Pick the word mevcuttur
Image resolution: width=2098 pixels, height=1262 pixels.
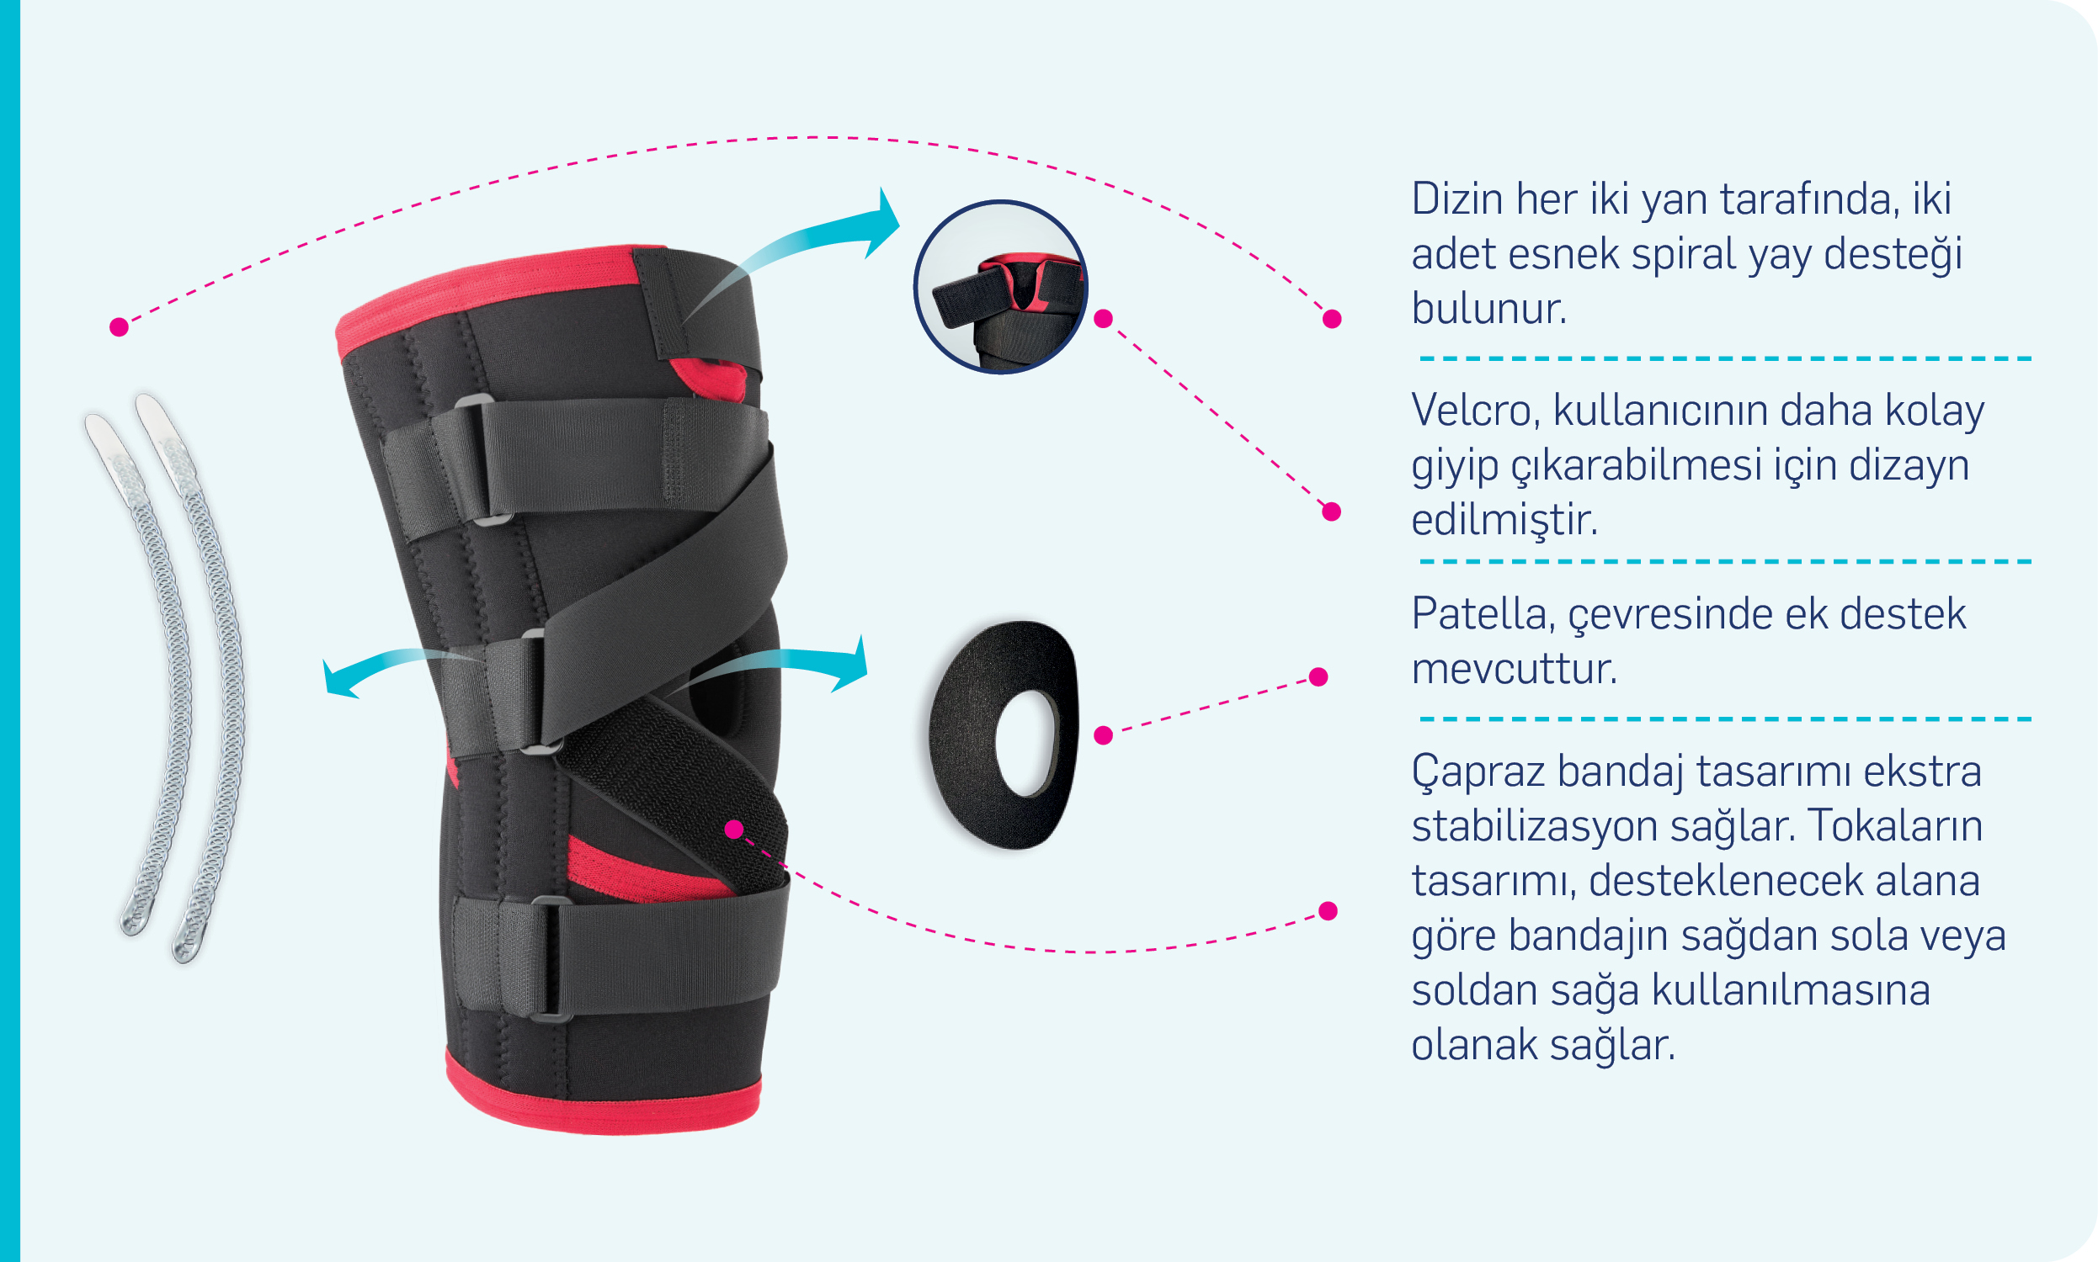tap(1515, 669)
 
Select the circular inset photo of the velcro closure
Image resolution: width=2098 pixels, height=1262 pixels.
tap(1000, 287)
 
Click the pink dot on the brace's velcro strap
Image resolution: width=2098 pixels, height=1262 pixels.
tap(734, 830)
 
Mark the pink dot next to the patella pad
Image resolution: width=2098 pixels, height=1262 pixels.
tap(1104, 735)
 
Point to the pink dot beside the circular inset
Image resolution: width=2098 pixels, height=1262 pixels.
tap(1104, 319)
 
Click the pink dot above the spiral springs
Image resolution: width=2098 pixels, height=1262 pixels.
tap(119, 327)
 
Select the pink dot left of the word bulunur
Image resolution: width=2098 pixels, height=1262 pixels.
tap(1333, 319)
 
